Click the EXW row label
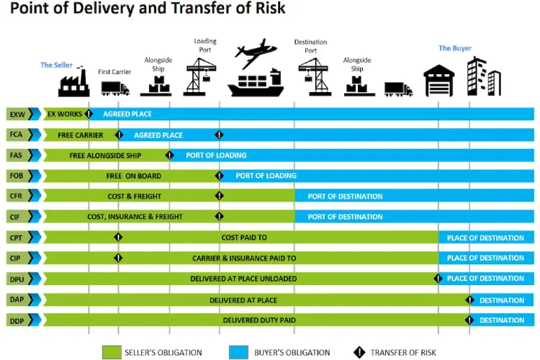(17, 114)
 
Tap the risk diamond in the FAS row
(169, 155)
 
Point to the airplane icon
(256, 53)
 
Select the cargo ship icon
(256, 83)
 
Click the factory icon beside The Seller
(73, 81)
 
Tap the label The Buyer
(454, 48)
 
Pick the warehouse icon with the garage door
(438, 81)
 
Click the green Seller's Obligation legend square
(112, 352)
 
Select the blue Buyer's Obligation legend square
(238, 352)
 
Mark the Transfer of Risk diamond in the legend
(359, 352)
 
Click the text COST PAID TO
(244, 238)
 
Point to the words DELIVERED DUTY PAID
(259, 320)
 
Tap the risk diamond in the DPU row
(438, 279)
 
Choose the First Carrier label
(114, 72)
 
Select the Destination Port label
(310, 46)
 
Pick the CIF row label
(15, 217)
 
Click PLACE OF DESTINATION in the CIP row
(485, 258)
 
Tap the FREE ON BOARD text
(134, 176)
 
